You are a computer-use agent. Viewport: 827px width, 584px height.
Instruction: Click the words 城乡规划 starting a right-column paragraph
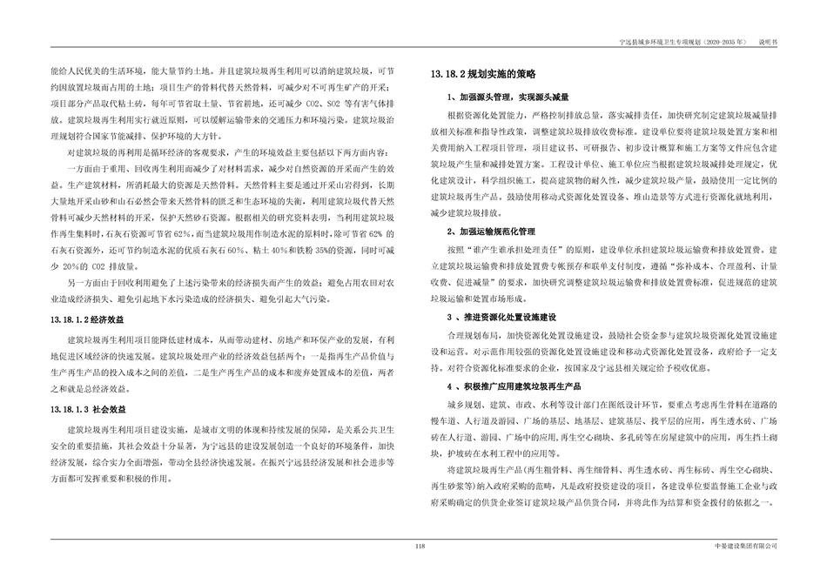[x=463, y=404]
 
